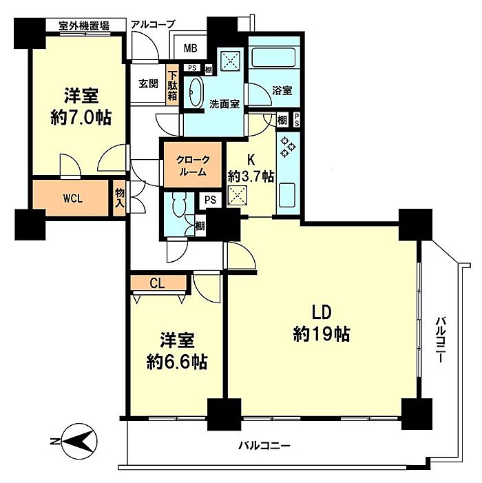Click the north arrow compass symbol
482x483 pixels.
pyautogui.click(x=80, y=441)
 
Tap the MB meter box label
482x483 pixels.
pyautogui.click(x=190, y=48)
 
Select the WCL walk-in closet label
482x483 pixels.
pyautogui.click(x=73, y=198)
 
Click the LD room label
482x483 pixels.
pyautogui.click(x=322, y=312)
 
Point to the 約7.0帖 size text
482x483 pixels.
pyautogui.click(x=81, y=117)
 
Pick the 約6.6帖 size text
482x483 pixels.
pyautogui.click(x=177, y=361)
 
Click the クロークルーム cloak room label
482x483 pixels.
pyautogui.click(x=193, y=166)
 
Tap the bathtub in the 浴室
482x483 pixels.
pyautogui.click(x=274, y=56)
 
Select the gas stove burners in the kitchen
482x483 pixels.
pyautogui.click(x=288, y=147)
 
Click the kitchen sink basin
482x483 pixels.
pyautogui.click(x=287, y=195)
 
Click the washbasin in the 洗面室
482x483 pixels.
pyautogui.click(x=195, y=92)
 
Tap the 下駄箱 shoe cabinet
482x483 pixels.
pyautogui.click(x=172, y=85)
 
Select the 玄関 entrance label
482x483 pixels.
pyautogui.click(x=148, y=83)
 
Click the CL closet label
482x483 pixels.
pyautogui.click(x=157, y=282)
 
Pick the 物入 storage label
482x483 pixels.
pyautogui.click(x=119, y=198)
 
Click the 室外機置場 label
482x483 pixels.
pyautogui.click(x=84, y=25)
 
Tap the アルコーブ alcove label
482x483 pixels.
pyautogui.click(x=153, y=24)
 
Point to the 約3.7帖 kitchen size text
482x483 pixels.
pyautogui.click(x=251, y=177)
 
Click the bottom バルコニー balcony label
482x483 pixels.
pyautogui.click(x=264, y=445)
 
